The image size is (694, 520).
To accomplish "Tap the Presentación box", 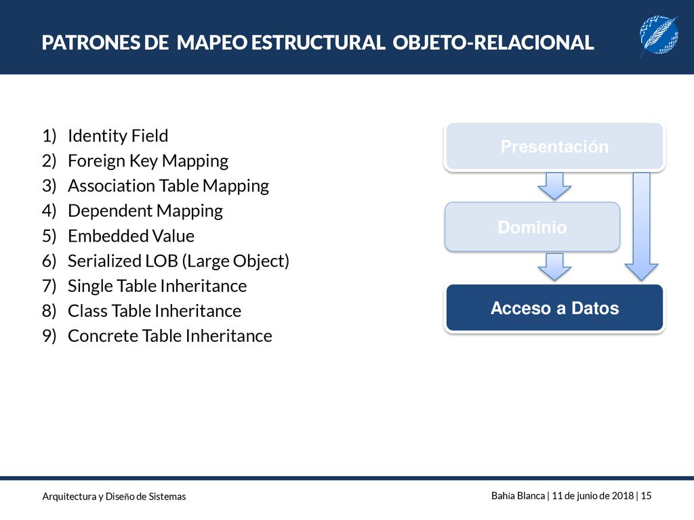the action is [554, 146].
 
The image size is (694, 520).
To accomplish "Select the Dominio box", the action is [533, 227].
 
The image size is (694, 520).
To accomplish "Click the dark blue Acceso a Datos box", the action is [554, 308].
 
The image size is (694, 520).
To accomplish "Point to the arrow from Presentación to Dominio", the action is [554, 186].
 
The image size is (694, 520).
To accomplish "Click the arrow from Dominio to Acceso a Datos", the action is [554, 267].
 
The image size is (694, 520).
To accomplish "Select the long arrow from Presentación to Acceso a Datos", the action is [641, 226].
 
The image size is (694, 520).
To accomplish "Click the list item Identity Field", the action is [118, 135].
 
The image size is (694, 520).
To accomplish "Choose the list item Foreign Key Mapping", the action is [148, 161].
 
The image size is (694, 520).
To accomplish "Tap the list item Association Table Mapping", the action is [168, 186].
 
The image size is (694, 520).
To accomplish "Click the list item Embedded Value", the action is [131, 236].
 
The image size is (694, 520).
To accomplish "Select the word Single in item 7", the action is [87, 286].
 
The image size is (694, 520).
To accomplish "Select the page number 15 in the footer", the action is [646, 496].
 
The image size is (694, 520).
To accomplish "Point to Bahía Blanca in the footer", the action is [518, 496].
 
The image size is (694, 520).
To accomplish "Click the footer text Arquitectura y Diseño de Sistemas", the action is [114, 496].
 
